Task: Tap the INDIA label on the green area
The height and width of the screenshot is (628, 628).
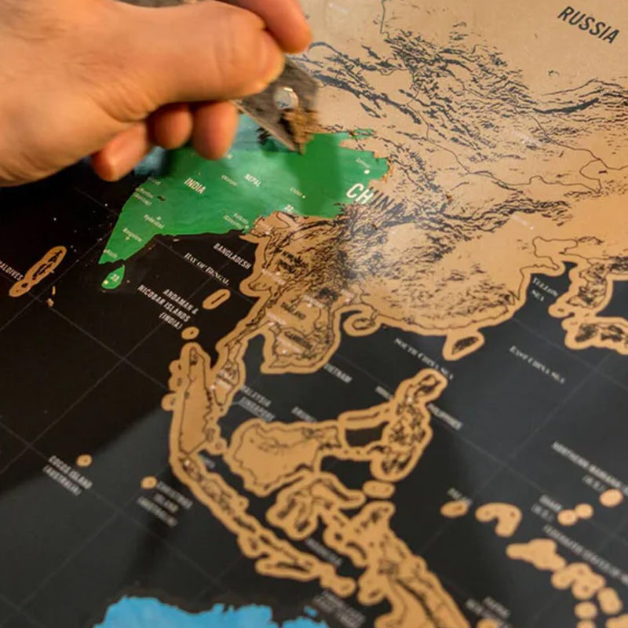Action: pyautogui.click(x=195, y=185)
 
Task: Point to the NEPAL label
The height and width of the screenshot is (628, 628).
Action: pyautogui.click(x=253, y=179)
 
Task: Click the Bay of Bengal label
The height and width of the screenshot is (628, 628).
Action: pyautogui.click(x=206, y=268)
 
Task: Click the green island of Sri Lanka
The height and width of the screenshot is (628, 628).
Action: pyautogui.click(x=113, y=277)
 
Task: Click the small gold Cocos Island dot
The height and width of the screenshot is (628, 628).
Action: pyautogui.click(x=84, y=460)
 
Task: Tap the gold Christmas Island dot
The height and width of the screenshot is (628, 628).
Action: pyautogui.click(x=148, y=482)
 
